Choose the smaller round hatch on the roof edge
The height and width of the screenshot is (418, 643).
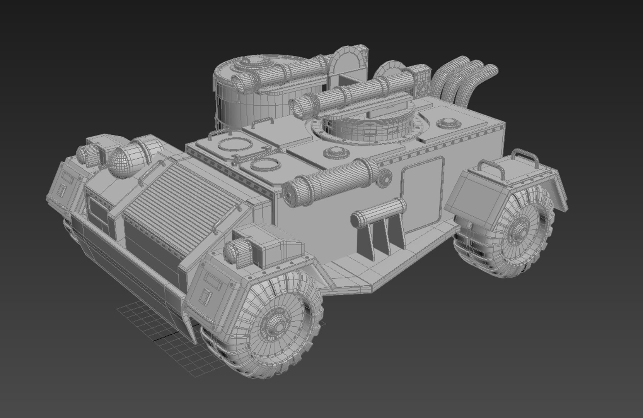[264, 165]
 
